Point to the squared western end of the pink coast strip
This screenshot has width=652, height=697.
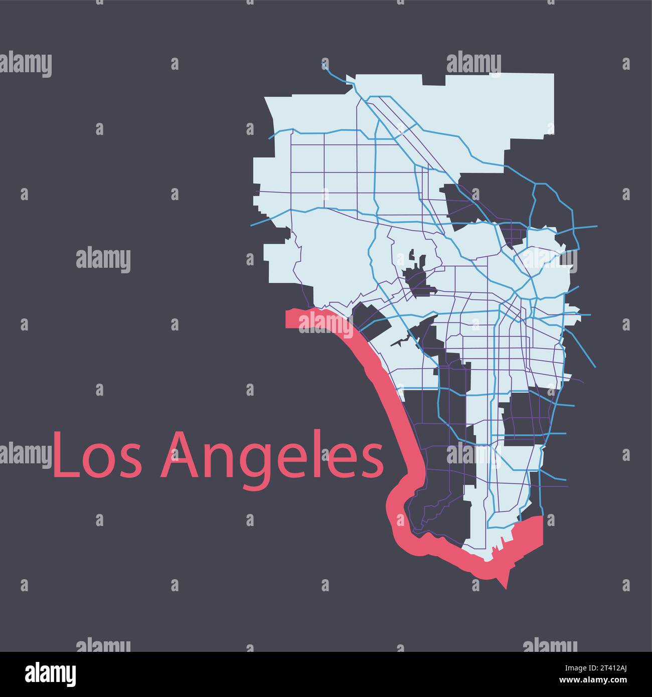(291, 319)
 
